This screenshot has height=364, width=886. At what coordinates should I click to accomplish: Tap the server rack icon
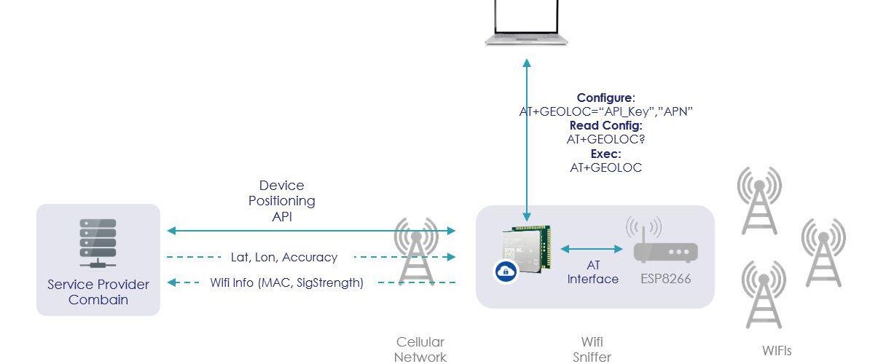point(98,243)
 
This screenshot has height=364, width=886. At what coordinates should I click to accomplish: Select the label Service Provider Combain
point(98,291)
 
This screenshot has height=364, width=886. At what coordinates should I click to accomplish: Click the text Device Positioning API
point(282,200)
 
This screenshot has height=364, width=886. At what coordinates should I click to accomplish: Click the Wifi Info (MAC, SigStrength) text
point(286,282)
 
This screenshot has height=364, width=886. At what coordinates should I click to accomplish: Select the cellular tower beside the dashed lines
point(416,251)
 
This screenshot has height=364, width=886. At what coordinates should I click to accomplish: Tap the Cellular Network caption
point(420,349)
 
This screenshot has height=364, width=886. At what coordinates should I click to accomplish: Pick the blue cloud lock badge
point(504,272)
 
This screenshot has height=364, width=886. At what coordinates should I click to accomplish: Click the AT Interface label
point(592,272)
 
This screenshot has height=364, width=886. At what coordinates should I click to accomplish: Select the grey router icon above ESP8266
point(664,243)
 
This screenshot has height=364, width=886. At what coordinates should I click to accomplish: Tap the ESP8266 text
point(664,278)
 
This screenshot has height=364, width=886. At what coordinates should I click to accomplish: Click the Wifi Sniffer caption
point(592,349)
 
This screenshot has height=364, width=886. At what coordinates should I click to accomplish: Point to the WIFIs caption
point(777,350)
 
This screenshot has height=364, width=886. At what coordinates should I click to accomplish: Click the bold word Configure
point(605,98)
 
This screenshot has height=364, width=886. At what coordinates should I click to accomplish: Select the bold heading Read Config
point(605,125)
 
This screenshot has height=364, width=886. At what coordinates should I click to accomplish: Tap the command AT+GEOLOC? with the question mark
point(605,139)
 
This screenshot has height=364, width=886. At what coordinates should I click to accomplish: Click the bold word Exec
point(605,154)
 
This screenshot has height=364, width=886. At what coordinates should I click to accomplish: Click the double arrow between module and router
point(592,249)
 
